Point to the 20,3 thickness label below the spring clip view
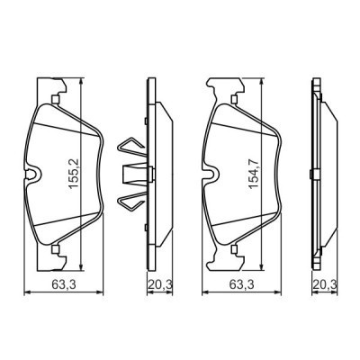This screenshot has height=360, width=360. coord(158,287)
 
